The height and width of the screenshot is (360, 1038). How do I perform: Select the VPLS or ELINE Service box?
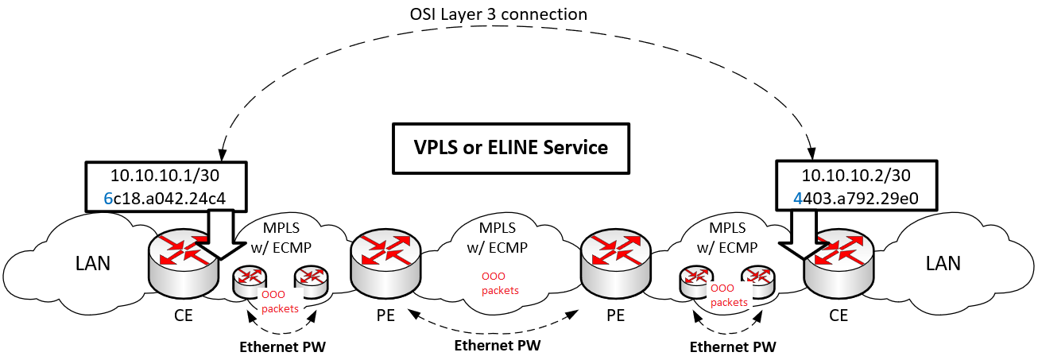click(x=511, y=148)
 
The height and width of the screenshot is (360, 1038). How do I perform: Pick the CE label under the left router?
click(x=183, y=315)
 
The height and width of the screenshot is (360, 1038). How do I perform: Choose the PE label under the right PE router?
click(x=615, y=315)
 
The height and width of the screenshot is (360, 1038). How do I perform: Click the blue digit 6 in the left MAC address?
click(x=109, y=199)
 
